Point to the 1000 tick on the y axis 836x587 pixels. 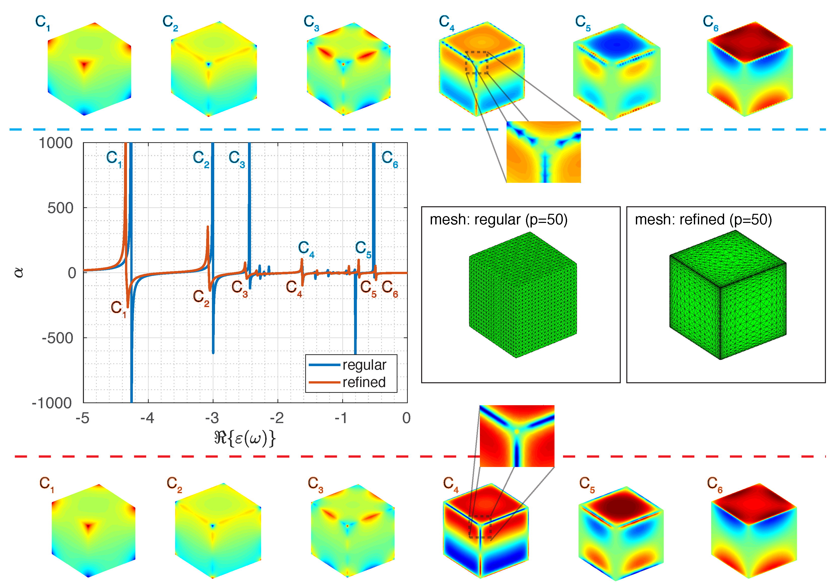(x=56, y=143)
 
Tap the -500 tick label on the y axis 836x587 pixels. (x=57, y=338)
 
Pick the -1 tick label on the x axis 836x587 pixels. (x=341, y=418)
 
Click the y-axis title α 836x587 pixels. (x=19, y=273)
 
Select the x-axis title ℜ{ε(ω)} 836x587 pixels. (x=245, y=438)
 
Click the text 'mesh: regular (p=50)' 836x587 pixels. (x=499, y=220)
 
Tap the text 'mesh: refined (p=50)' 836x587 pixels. (x=703, y=220)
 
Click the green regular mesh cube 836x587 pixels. (x=522, y=295)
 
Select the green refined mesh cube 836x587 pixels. (x=727, y=295)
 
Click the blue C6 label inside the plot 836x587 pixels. (x=390, y=159)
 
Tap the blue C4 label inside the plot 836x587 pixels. (x=306, y=249)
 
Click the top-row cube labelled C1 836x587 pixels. (x=89, y=69)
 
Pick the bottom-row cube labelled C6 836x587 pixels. (x=754, y=531)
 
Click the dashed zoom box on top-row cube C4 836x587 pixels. (x=477, y=63)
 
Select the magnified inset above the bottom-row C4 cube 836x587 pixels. (x=517, y=436)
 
